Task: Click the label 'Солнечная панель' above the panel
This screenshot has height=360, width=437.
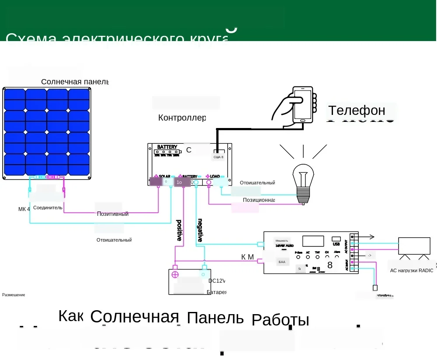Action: (75, 82)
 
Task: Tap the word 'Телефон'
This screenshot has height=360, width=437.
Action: (357, 111)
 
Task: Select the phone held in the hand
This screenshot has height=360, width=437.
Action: (303, 105)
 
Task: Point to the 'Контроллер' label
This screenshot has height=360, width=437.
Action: (182, 118)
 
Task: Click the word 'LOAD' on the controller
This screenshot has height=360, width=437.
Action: (215, 176)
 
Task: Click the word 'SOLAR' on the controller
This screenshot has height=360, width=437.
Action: (164, 176)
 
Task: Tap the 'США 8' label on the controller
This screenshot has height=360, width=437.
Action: (218, 157)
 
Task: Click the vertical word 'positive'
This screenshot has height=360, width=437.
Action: (179, 230)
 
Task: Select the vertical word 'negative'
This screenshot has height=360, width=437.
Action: (200, 230)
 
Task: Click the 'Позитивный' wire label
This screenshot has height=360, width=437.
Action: (113, 214)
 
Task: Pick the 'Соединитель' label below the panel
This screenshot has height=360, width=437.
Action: (48, 208)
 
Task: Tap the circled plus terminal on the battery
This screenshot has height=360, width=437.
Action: (175, 275)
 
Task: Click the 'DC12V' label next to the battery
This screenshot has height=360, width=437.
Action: (217, 281)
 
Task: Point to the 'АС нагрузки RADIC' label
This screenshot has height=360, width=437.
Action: (412, 270)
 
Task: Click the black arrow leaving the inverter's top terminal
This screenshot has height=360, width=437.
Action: (367, 237)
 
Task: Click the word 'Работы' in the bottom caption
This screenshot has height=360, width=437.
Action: (281, 320)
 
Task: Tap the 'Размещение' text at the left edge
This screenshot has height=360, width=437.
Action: (14, 295)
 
